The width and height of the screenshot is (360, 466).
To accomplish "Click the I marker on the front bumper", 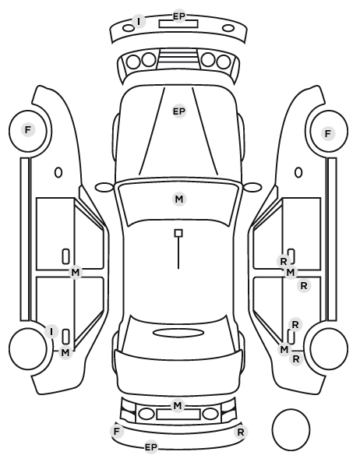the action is [x=139, y=22].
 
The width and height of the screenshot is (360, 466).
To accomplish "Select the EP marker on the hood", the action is [x=179, y=111].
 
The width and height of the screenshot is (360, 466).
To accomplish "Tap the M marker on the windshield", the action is [x=179, y=199].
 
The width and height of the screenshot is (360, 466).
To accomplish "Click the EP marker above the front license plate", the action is [x=179, y=16].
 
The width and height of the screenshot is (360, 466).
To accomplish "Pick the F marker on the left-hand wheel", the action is [x=28, y=130].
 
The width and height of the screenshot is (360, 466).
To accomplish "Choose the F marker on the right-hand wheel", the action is [x=328, y=134].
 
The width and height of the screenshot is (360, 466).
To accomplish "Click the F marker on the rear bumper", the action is [x=117, y=431].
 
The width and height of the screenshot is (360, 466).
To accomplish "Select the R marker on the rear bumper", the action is [x=241, y=432].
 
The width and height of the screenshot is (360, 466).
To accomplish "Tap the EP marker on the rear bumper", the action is [x=151, y=447].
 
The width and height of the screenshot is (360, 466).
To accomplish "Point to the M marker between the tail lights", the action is [x=178, y=405].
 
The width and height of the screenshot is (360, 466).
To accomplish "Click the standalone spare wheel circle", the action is [x=291, y=429].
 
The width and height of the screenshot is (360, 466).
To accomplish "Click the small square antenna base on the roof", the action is [x=178, y=233].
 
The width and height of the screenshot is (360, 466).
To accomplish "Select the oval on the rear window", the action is [x=178, y=333].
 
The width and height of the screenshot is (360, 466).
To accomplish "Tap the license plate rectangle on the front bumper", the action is [x=178, y=24].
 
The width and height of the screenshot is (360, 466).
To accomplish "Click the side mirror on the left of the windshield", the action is [x=104, y=187].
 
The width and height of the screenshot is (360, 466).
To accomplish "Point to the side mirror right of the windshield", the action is [x=252, y=187].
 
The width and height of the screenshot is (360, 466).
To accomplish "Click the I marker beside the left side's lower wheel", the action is [x=51, y=331].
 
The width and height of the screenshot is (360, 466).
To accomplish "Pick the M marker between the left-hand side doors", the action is [x=76, y=272].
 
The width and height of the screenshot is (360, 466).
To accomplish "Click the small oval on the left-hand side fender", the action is [x=58, y=173].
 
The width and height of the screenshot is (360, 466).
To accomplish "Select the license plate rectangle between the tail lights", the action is [x=178, y=415].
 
